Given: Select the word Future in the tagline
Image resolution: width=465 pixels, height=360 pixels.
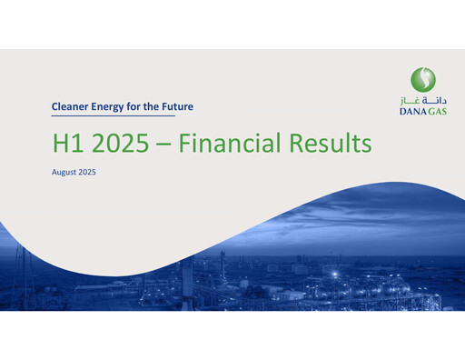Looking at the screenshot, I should [x=175, y=106].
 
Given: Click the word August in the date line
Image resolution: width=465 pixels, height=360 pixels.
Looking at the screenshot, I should [x=64, y=172].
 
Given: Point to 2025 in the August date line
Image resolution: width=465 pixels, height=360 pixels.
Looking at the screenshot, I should [x=87, y=172].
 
